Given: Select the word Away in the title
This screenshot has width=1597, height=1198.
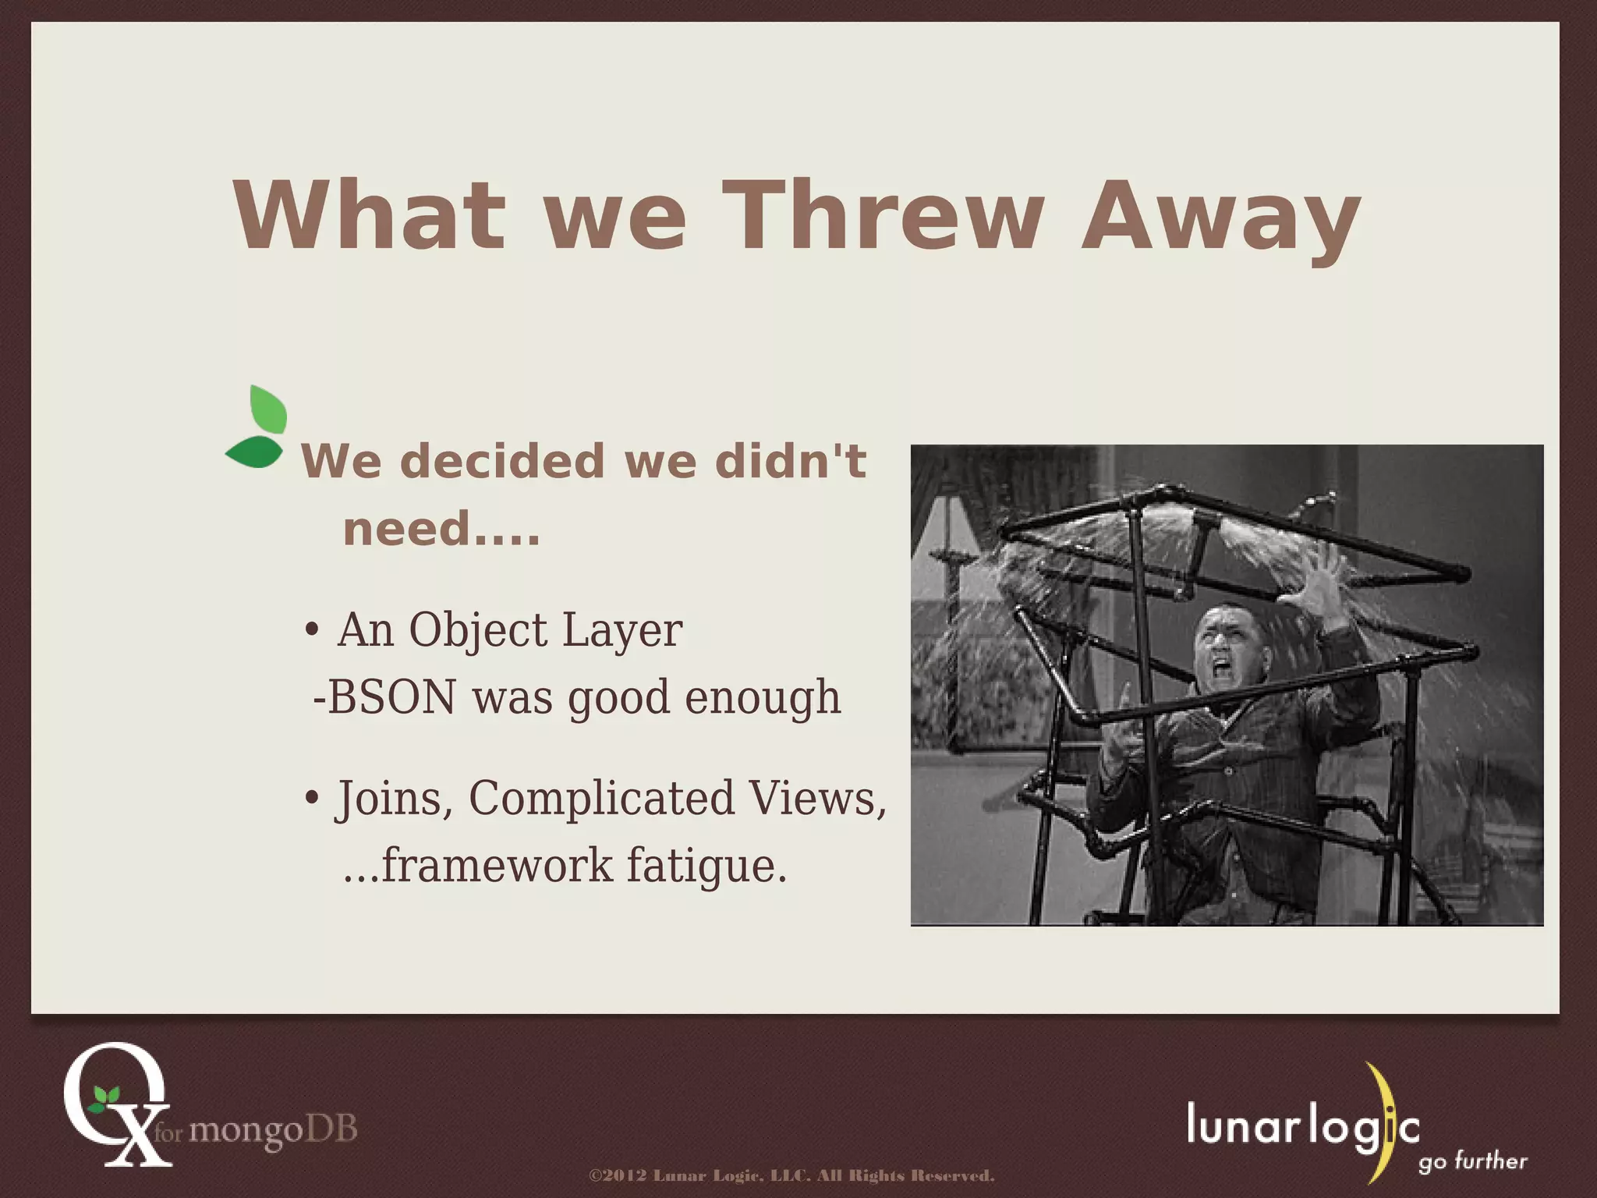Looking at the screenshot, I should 1220,218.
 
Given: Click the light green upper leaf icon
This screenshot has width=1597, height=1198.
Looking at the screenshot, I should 268,410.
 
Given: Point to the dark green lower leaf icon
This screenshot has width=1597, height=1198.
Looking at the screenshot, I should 254,452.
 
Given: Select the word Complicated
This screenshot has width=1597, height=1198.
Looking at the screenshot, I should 601,799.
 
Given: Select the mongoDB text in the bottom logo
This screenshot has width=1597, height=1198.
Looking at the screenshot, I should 273,1129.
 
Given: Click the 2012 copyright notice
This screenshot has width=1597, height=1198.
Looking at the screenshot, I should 791,1175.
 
